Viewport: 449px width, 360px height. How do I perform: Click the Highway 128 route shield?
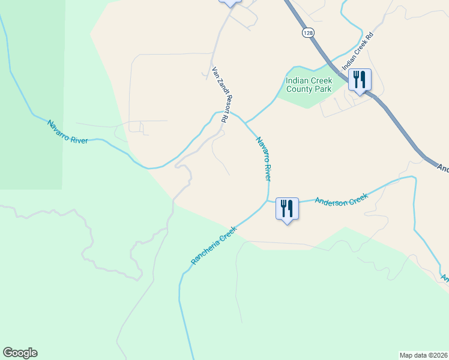[308, 34]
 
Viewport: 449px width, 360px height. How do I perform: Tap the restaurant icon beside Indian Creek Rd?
[360, 80]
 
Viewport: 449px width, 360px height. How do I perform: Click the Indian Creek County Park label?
[309, 85]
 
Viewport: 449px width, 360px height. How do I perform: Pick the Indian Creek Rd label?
[358, 52]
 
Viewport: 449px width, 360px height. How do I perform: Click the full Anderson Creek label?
[341, 199]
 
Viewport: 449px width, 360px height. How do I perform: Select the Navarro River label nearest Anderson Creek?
[264, 159]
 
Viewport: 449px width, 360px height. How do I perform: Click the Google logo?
[20, 353]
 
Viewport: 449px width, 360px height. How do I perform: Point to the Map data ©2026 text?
[423, 355]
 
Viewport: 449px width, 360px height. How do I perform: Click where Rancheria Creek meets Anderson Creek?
[268, 201]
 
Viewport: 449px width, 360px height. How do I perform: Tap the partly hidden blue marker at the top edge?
[230, 2]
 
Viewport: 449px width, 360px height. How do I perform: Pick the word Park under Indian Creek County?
[322, 89]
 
